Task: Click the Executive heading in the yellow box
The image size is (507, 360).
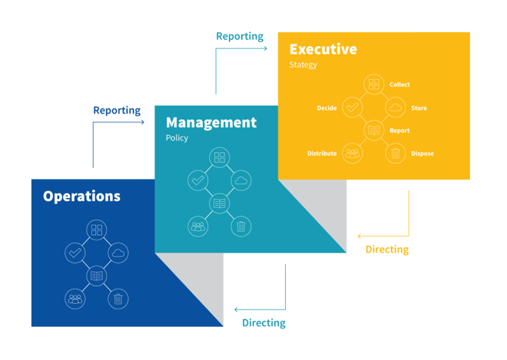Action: point(323,49)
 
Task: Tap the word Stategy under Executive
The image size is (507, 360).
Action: point(303,64)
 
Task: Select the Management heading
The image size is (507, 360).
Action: point(211,122)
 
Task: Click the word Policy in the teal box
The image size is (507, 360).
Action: point(177,138)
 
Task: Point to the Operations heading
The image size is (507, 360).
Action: point(81,196)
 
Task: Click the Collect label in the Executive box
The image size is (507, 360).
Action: point(399,84)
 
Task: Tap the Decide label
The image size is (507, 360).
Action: point(326,108)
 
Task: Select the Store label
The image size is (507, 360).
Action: point(419,108)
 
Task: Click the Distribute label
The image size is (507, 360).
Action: point(322,154)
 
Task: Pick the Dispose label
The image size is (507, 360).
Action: point(422,154)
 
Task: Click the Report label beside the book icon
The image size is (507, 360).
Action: point(399,130)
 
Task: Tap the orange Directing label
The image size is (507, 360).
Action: point(386,249)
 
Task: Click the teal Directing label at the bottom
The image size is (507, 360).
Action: point(263,323)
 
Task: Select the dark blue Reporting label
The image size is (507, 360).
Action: point(117,111)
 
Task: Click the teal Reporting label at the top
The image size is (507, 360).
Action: point(240,36)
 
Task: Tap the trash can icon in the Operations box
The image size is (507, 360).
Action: point(118,299)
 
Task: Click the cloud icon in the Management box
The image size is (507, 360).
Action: point(241,180)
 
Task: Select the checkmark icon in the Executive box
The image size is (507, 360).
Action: point(352,107)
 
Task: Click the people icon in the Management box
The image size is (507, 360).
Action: point(198,226)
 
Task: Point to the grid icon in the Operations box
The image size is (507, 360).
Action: point(97,230)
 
